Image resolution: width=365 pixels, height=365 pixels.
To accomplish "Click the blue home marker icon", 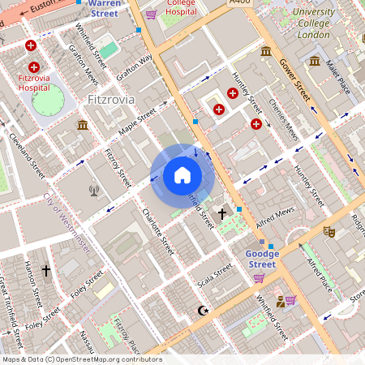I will [182, 175].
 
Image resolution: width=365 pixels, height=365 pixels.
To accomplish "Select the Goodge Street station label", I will [261, 259].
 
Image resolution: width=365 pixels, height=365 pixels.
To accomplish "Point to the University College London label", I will [313, 24].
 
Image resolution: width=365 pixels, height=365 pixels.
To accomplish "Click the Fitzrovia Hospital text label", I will [33, 82].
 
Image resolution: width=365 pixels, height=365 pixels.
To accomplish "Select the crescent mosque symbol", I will [203, 310].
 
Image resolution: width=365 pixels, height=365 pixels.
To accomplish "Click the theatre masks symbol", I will [328, 231].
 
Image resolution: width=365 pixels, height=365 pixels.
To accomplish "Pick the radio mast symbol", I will [94, 191].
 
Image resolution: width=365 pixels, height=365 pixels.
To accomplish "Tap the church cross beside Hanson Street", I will [46, 269].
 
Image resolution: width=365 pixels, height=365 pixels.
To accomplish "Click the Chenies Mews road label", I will [283, 122].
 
